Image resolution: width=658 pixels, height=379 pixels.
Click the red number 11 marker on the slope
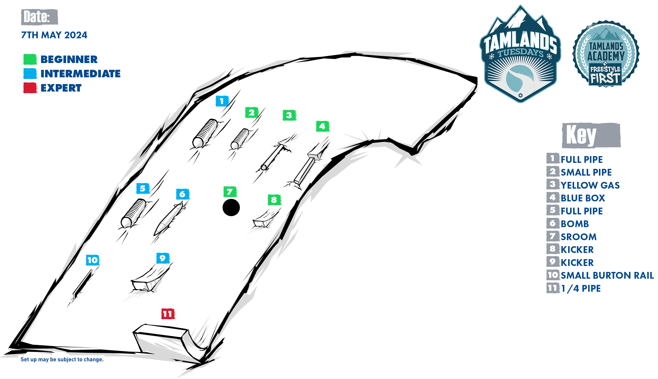pos(168,314)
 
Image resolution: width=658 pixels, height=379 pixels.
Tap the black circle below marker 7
pos(231,207)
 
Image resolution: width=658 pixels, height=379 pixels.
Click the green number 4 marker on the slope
pos(323,126)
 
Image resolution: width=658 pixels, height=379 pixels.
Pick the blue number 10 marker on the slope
pos(93,260)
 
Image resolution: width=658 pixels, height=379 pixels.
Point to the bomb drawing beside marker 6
pos(170,219)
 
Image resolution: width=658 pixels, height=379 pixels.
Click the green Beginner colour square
pos(30,59)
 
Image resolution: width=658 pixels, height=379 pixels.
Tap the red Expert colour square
pos(30,88)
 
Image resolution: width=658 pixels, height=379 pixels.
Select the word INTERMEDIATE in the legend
pos(80,74)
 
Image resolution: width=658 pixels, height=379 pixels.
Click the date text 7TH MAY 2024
pos(54,35)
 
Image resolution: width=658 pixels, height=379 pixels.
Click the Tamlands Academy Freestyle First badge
pos(606,54)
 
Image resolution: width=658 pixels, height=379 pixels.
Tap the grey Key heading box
pos(591,135)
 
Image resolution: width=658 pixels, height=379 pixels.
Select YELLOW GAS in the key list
pos(590,185)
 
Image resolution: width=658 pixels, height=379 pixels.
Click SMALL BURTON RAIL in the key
pos(607,275)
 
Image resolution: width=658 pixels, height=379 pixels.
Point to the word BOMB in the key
pos(575,224)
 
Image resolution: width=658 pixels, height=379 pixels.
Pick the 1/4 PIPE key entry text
pos(581,288)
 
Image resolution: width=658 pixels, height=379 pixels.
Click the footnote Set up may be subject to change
pos(62,359)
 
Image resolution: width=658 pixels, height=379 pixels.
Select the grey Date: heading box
pos(39,17)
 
